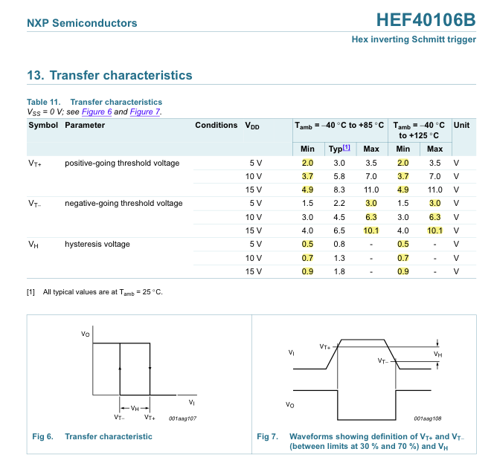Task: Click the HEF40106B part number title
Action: pos(426,19)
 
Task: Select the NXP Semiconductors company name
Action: pos(82,23)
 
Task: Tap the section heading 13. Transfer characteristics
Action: pos(109,75)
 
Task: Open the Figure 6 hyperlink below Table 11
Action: pos(97,111)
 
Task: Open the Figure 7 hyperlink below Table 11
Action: pos(145,111)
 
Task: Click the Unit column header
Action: pos(461,125)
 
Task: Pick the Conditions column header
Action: pos(216,125)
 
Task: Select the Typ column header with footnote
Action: pos(339,149)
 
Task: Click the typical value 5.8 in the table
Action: pos(339,176)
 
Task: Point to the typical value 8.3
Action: pos(339,190)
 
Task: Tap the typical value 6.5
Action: pos(339,230)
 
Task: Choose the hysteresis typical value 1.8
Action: pos(339,271)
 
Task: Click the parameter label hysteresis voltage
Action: pos(97,244)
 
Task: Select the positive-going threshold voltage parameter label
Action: pos(122,163)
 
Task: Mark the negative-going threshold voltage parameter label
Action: pos(123,203)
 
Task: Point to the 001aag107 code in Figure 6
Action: pos(183,418)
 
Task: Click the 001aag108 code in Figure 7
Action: pos(428,418)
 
